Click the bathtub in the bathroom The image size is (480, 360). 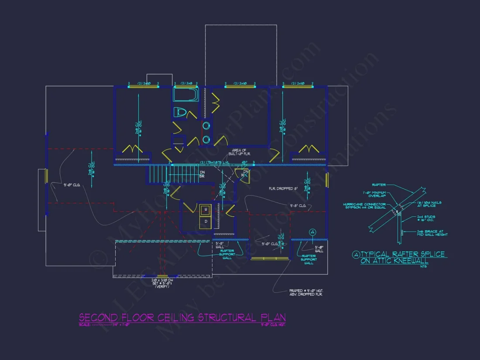click(186, 95)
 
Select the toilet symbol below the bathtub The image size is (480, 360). click(180, 113)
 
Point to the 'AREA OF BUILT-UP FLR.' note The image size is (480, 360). click(239, 152)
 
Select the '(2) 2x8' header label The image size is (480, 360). click(185, 83)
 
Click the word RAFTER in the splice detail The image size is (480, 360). click(379, 185)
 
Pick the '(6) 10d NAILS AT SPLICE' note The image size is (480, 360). click(416, 204)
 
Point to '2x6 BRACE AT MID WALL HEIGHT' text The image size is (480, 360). click(420, 233)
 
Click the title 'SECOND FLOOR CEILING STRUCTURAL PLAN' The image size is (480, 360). click(182, 317)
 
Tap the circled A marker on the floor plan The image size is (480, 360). click(312, 232)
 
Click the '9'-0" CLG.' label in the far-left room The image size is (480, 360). click(73, 185)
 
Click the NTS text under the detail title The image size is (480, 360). click(423, 267)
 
